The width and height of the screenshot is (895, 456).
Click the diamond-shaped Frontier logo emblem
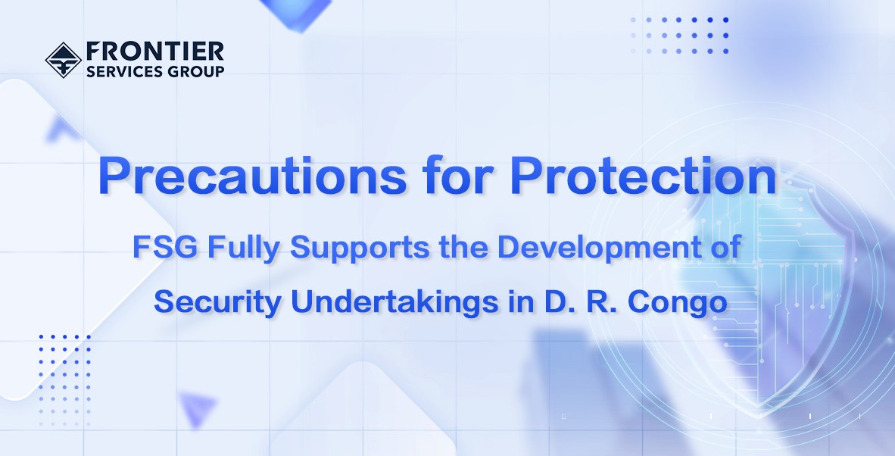[64, 59]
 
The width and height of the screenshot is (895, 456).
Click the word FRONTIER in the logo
[154, 52]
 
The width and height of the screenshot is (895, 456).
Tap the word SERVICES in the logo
[117, 71]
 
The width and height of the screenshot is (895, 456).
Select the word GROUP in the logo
[188, 71]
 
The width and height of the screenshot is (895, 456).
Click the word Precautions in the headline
[252, 176]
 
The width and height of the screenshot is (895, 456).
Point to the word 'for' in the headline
[458, 175]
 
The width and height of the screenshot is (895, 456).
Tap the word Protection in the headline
[644, 175]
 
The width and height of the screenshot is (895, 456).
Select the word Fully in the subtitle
[244, 248]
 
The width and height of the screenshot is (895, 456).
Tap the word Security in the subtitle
[217, 302]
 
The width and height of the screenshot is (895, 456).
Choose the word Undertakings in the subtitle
[395, 302]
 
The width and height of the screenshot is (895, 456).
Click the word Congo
[678, 302]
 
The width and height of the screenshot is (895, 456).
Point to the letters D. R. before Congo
[581, 301]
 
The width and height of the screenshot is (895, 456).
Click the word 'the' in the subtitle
[463, 247]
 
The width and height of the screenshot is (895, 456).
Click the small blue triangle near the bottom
[197, 408]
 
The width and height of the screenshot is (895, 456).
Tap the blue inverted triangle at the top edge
[297, 14]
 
